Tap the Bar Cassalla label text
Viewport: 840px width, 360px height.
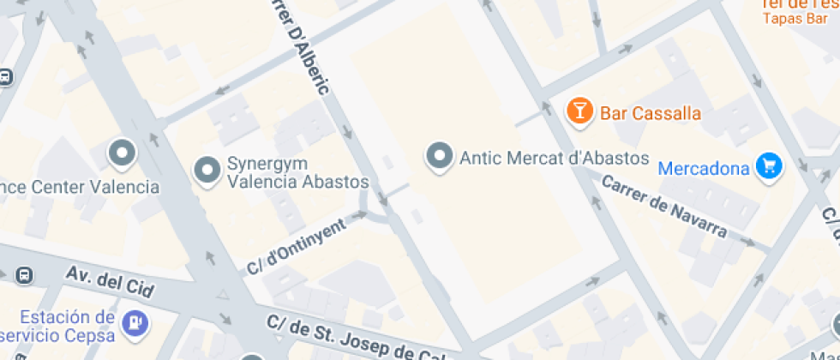tap(651, 113)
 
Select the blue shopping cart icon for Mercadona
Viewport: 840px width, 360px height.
tap(769, 165)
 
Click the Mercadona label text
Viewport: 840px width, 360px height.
tap(704, 168)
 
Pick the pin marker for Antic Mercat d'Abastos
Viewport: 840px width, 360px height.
tap(441, 157)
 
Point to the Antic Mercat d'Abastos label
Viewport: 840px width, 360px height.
tap(554, 158)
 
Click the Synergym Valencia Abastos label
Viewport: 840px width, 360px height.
tap(297, 172)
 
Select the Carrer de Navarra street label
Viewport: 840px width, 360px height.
tap(664, 207)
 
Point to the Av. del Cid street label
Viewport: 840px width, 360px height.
tap(111, 282)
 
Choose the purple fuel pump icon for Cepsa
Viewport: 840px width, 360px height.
tap(135, 322)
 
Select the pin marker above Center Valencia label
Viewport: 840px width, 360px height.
tap(122, 153)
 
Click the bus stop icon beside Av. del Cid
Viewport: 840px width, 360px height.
tap(23, 275)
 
